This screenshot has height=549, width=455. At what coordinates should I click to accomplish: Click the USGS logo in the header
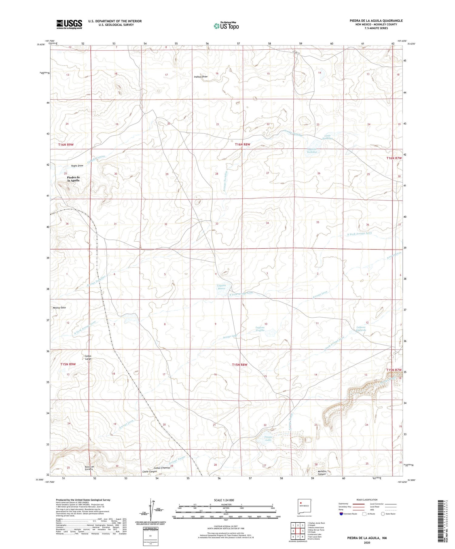click(69, 24)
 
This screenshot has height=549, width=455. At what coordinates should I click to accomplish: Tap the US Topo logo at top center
click(226, 26)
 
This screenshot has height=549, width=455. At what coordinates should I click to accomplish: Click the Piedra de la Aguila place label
click(73, 179)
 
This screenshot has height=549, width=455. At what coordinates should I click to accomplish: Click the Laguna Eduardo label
click(361, 328)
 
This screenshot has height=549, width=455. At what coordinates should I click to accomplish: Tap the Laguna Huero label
click(221, 287)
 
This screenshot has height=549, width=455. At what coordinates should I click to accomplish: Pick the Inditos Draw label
click(201, 77)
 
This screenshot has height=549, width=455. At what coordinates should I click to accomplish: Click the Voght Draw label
click(77, 166)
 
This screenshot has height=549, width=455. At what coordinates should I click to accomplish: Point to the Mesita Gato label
click(59, 307)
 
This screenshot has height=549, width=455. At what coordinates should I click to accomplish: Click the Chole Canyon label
click(150, 471)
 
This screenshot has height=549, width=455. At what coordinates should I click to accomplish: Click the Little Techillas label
click(327, 137)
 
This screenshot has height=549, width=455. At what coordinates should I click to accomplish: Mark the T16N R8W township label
click(242, 144)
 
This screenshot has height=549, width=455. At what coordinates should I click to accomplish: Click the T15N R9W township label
click(68, 364)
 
